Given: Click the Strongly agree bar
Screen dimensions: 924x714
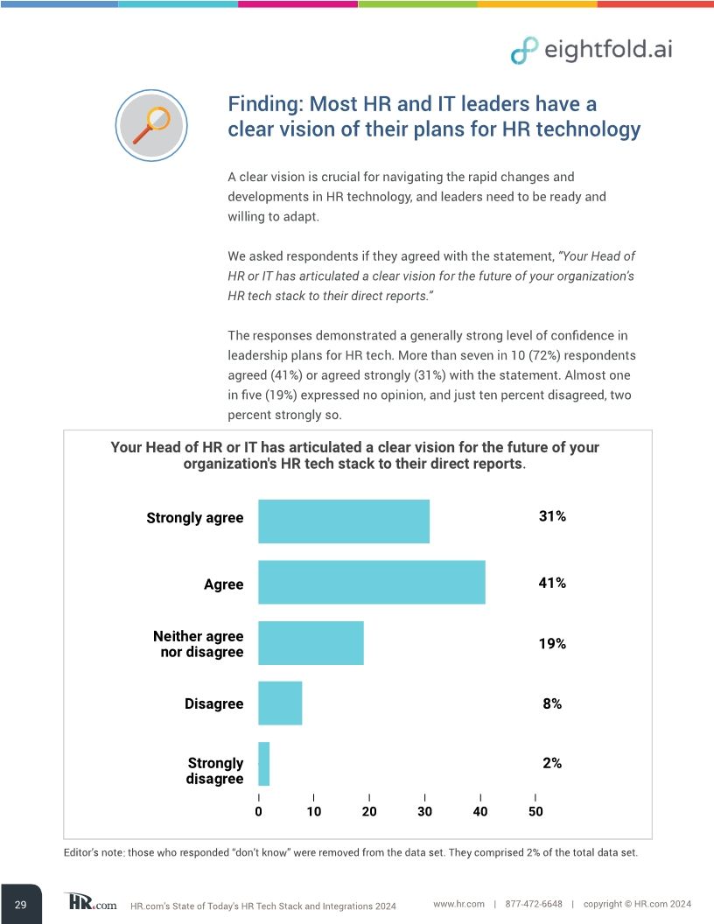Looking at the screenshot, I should coord(343,521).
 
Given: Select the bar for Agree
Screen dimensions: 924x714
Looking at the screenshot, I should coord(371,583).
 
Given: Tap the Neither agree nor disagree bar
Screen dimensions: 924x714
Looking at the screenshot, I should coord(311,643).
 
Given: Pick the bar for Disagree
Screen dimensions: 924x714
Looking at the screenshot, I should coord(280,703).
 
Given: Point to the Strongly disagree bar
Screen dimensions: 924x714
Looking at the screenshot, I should coord(264,764).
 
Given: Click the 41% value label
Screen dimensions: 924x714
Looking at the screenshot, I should coord(551,583).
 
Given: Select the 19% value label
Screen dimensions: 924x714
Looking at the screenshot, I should coord(551,643).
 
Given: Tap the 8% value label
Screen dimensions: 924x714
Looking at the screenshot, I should coord(551,703).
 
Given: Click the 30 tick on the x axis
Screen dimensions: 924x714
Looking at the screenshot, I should coord(424,812).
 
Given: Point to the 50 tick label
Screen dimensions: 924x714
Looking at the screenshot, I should coord(535,812).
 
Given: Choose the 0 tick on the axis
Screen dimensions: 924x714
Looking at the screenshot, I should coord(259,812).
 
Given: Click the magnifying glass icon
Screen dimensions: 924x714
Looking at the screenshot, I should coord(152,124).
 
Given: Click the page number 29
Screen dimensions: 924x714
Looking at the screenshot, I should coord(20,904).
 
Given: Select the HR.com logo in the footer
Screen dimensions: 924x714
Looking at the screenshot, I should coord(90,903).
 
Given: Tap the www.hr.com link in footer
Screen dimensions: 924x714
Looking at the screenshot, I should coord(458,903).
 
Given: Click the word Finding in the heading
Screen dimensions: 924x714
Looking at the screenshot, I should coord(262,104).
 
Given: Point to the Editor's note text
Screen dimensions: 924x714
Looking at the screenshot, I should coord(350,853).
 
